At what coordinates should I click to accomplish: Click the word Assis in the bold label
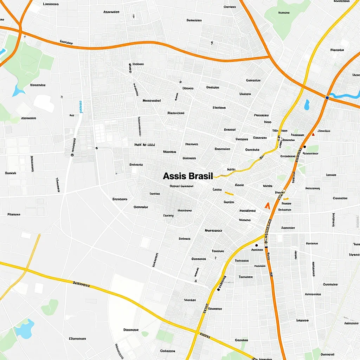click(x=175, y=176)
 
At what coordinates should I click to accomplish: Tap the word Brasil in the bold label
click(x=201, y=176)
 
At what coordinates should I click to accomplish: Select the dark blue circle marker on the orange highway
click(x=327, y=97)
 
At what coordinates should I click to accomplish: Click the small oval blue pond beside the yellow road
click(x=307, y=104)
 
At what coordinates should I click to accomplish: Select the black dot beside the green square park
click(x=304, y=147)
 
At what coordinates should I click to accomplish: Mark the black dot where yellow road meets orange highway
click(x=256, y=245)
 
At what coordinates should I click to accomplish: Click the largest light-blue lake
click(x=25, y=328)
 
